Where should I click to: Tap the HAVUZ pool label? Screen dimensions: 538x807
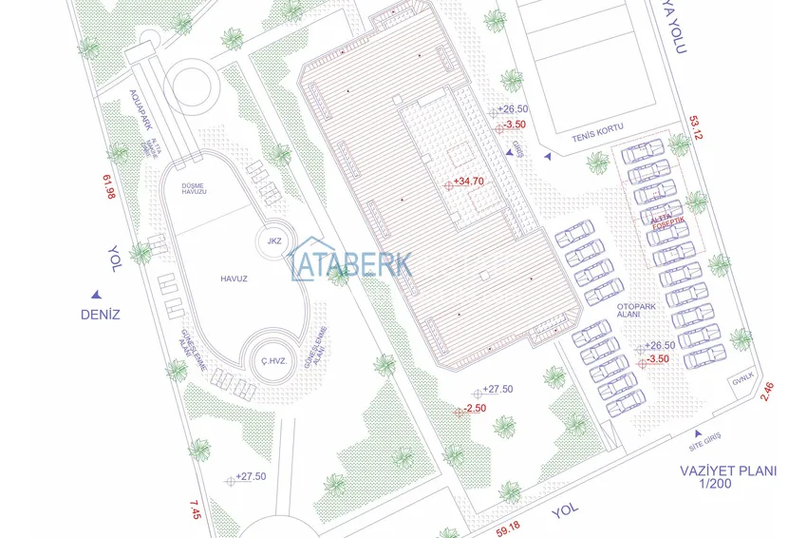(234, 279)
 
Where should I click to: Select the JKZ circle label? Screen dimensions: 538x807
(275, 240)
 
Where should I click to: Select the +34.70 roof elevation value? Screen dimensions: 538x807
(468, 181)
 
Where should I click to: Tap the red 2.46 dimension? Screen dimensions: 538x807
(768, 391)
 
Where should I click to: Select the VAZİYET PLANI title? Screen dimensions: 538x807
(728, 471)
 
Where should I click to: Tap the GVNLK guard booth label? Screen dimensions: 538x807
(741, 381)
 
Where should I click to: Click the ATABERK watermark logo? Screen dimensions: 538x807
(350, 260)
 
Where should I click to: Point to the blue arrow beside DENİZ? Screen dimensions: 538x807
(96, 295)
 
